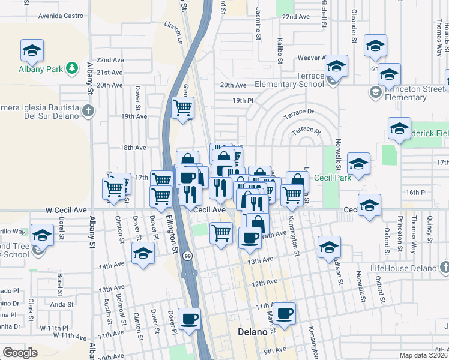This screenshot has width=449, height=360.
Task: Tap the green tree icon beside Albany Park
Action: point(73,68)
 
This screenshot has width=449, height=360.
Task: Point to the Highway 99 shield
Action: point(188,254)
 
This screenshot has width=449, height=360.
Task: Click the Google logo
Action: point(20,353)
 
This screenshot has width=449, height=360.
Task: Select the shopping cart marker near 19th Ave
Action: point(182,108)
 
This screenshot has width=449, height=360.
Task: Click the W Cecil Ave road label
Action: point(66,211)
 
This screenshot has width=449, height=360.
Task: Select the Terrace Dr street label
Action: point(298,112)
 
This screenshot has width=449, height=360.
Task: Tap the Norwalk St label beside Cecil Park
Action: point(338,154)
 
